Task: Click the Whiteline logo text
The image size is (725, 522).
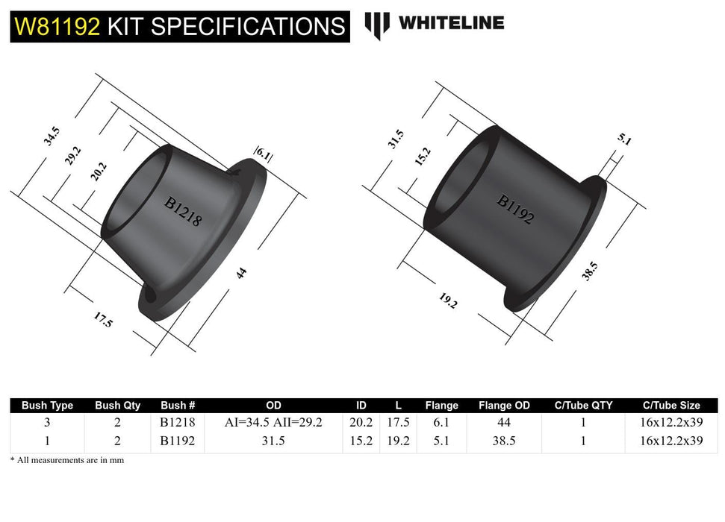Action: [x=451, y=23]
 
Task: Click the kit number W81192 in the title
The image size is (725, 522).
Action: [x=57, y=27]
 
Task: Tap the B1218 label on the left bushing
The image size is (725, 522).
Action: [x=184, y=211]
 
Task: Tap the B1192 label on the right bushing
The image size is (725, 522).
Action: [x=515, y=210]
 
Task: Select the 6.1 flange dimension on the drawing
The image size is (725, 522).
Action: [x=264, y=154]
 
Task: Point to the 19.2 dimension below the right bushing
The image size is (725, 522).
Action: [x=447, y=301]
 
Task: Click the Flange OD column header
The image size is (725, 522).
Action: [x=504, y=406]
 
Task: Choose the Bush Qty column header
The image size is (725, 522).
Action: [x=117, y=406]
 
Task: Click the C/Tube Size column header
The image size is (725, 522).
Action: [x=671, y=406]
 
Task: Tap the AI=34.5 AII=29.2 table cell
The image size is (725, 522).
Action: [x=273, y=423]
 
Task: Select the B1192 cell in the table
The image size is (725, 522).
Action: [x=178, y=441]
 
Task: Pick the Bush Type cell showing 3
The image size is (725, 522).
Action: [x=47, y=423]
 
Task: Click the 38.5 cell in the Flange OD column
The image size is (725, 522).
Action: [x=504, y=441]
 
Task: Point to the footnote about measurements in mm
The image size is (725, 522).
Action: [x=67, y=461]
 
